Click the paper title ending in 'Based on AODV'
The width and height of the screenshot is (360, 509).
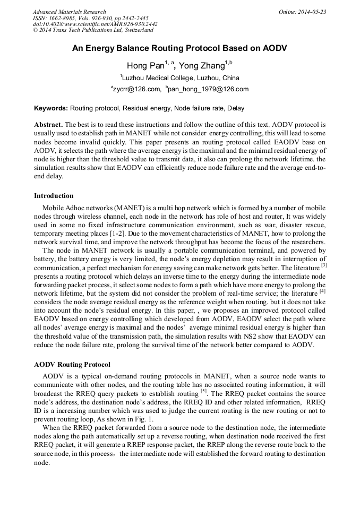coord(179,48)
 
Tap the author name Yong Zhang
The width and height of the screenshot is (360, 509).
coord(202,66)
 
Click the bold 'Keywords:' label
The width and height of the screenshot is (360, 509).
coord(51,108)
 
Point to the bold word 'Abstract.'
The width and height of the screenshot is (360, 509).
coord(49,124)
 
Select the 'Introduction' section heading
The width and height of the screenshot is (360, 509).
coord(54,196)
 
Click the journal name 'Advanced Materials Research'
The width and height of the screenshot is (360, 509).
coord(69,12)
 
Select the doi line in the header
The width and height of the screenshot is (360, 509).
coord(95,24)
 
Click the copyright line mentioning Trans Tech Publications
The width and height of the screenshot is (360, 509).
coord(93,30)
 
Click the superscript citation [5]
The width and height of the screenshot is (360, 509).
coord(203,392)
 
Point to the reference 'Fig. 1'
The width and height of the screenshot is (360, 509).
coord(142,419)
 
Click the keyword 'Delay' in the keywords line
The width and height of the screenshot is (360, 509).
coord(236,108)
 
